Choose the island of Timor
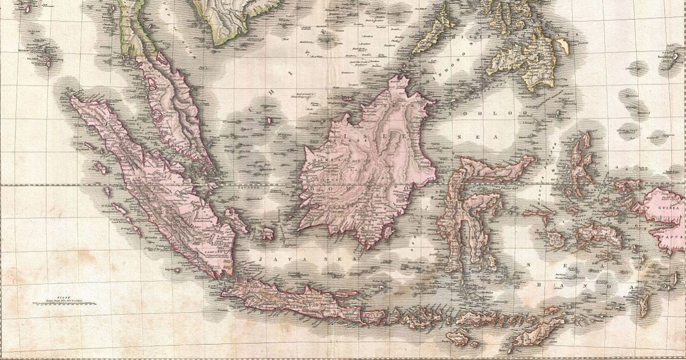tap(532, 334)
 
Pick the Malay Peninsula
tap(171, 103)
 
